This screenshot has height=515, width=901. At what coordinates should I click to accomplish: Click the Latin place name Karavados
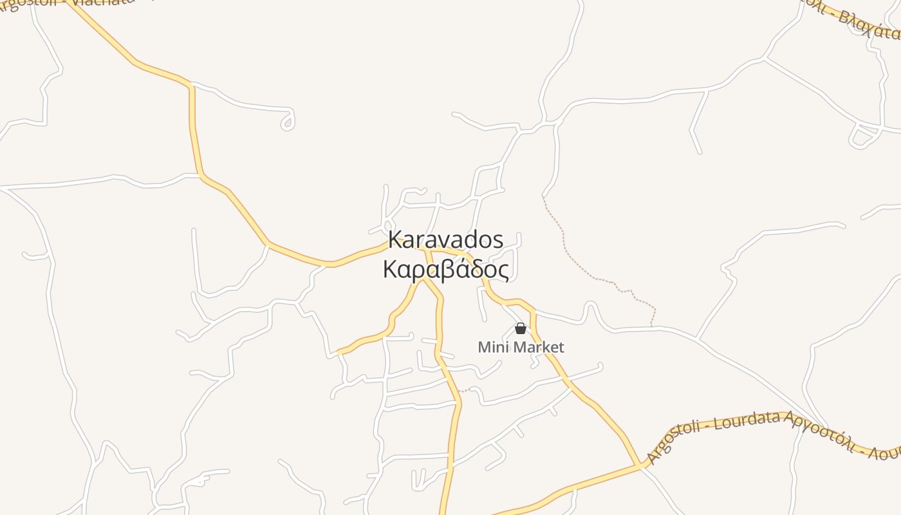[445, 240]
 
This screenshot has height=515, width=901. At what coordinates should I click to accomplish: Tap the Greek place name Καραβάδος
[445, 270]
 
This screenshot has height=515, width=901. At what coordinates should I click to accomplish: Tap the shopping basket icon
[521, 329]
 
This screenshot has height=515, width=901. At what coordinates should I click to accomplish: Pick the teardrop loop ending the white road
[288, 122]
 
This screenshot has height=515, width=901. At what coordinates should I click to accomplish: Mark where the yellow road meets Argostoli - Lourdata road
[640, 465]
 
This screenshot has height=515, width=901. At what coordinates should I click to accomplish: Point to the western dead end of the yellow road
[339, 352]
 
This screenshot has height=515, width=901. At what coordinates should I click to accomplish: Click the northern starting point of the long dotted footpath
[543, 196]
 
